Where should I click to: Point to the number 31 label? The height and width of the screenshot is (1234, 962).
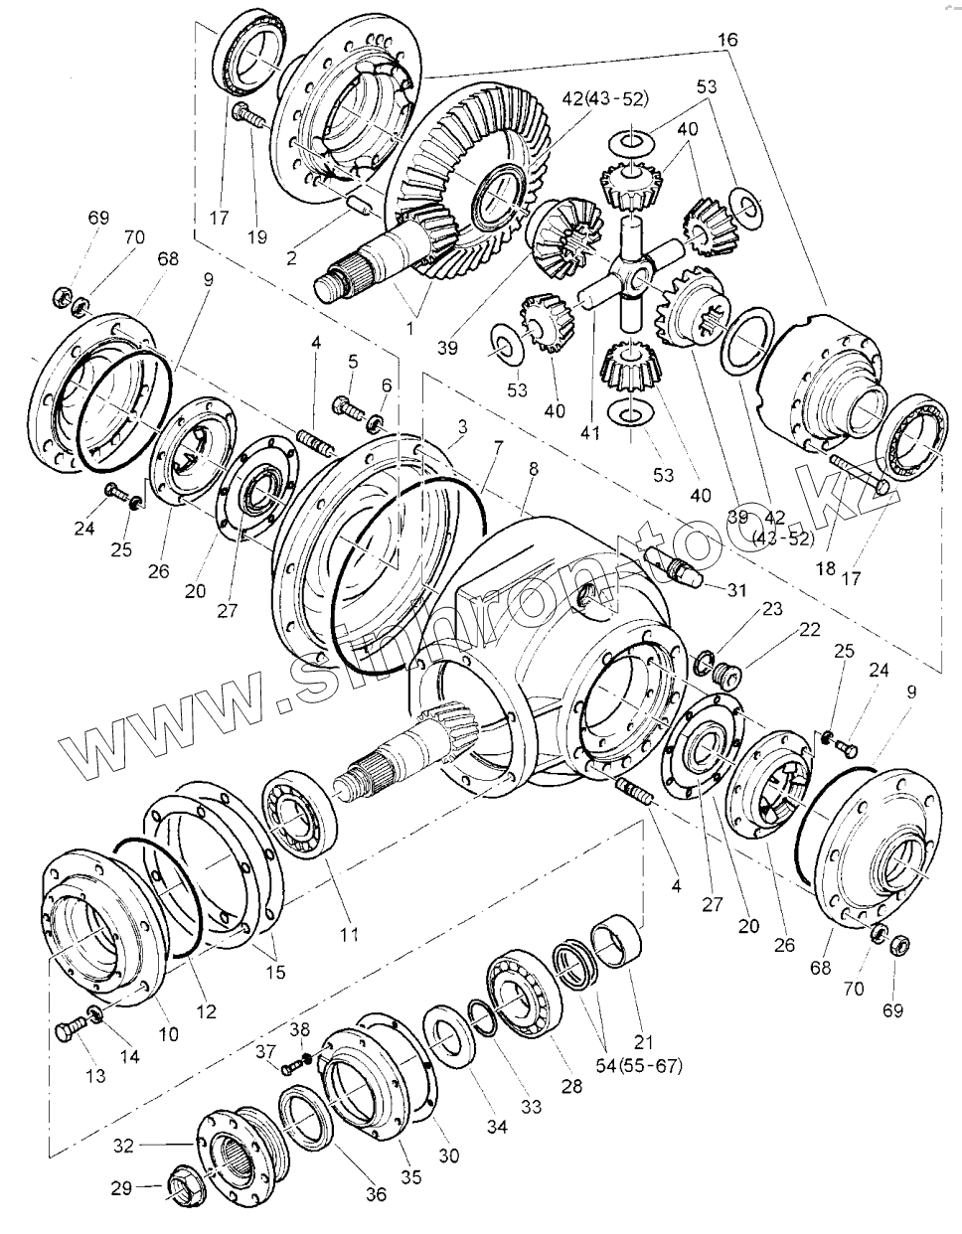click(736, 590)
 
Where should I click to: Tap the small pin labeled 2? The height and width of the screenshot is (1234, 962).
click(360, 210)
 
